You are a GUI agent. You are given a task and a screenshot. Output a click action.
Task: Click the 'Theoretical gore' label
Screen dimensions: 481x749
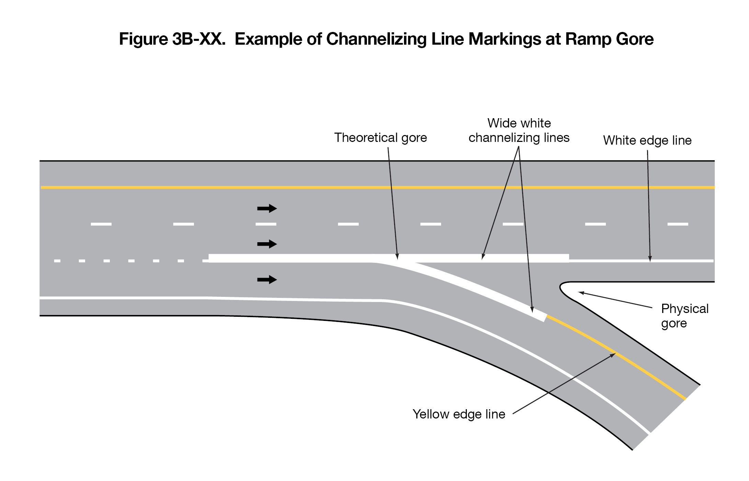click(x=380, y=138)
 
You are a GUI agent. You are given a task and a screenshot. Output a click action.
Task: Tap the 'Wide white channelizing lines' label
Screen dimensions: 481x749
click(x=519, y=131)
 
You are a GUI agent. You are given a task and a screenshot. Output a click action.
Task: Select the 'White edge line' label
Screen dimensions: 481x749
click(x=647, y=141)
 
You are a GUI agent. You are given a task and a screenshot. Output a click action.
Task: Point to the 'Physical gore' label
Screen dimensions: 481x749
click(x=684, y=316)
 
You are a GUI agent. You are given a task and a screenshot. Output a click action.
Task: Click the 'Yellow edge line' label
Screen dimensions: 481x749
click(x=459, y=414)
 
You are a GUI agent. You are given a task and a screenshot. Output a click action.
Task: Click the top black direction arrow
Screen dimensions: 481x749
click(x=267, y=209)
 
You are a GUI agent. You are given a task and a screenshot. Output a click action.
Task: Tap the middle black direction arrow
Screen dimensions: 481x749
click(x=267, y=244)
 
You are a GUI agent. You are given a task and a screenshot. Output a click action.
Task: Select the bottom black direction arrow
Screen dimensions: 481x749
click(x=267, y=280)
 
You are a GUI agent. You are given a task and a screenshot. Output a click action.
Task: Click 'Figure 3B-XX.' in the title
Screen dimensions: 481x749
click(x=172, y=39)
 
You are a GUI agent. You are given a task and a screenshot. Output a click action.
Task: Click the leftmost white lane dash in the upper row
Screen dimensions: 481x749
click(x=101, y=224)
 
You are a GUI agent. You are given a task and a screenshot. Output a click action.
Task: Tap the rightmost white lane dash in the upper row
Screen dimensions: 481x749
click(x=678, y=224)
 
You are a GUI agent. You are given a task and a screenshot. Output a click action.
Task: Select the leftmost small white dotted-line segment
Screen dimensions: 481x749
click(x=57, y=261)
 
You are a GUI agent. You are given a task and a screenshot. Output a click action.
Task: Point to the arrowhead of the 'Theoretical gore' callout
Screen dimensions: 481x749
click(x=397, y=257)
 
